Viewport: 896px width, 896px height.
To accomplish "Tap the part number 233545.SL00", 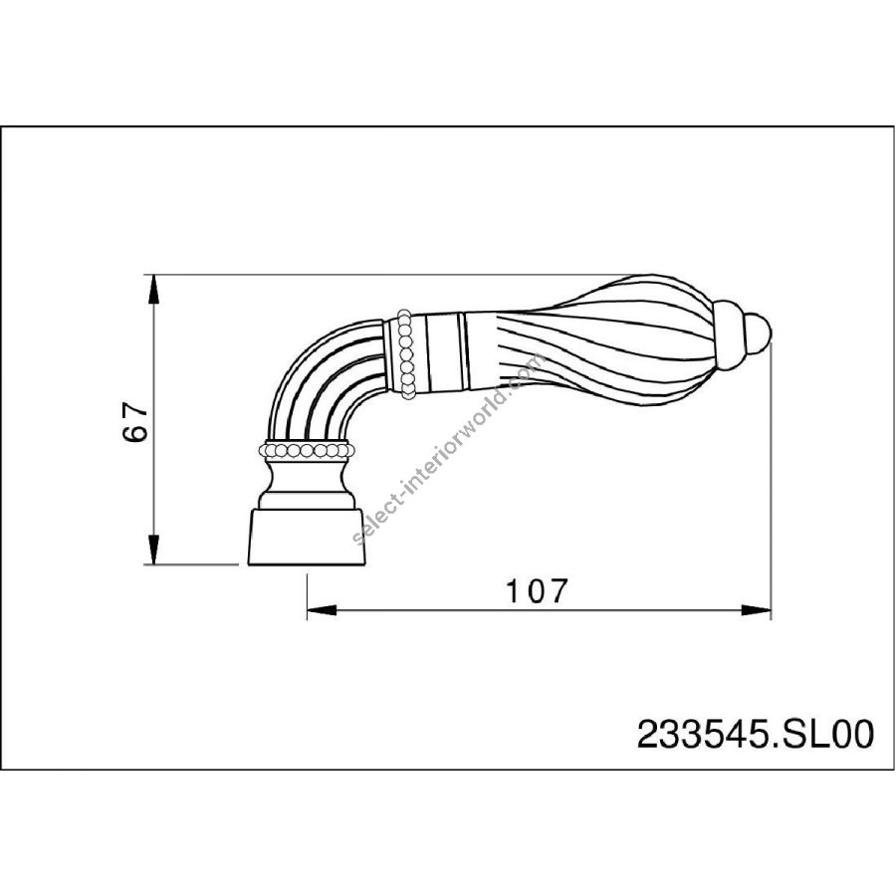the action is click(x=756, y=734).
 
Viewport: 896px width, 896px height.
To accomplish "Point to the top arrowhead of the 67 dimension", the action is click(x=153, y=289).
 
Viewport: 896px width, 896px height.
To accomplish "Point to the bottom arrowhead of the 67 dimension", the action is click(x=153, y=550).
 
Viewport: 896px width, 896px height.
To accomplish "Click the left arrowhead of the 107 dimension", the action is click(x=322, y=610).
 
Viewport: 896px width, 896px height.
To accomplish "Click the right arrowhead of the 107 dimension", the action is click(x=756, y=610).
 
